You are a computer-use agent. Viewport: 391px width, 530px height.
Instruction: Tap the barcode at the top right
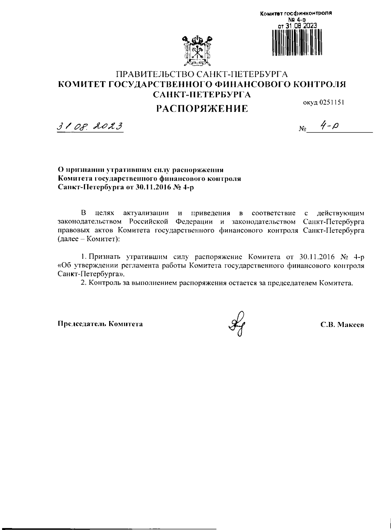click(x=296, y=42)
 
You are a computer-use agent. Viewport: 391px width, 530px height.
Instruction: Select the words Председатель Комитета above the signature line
click(x=100, y=324)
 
